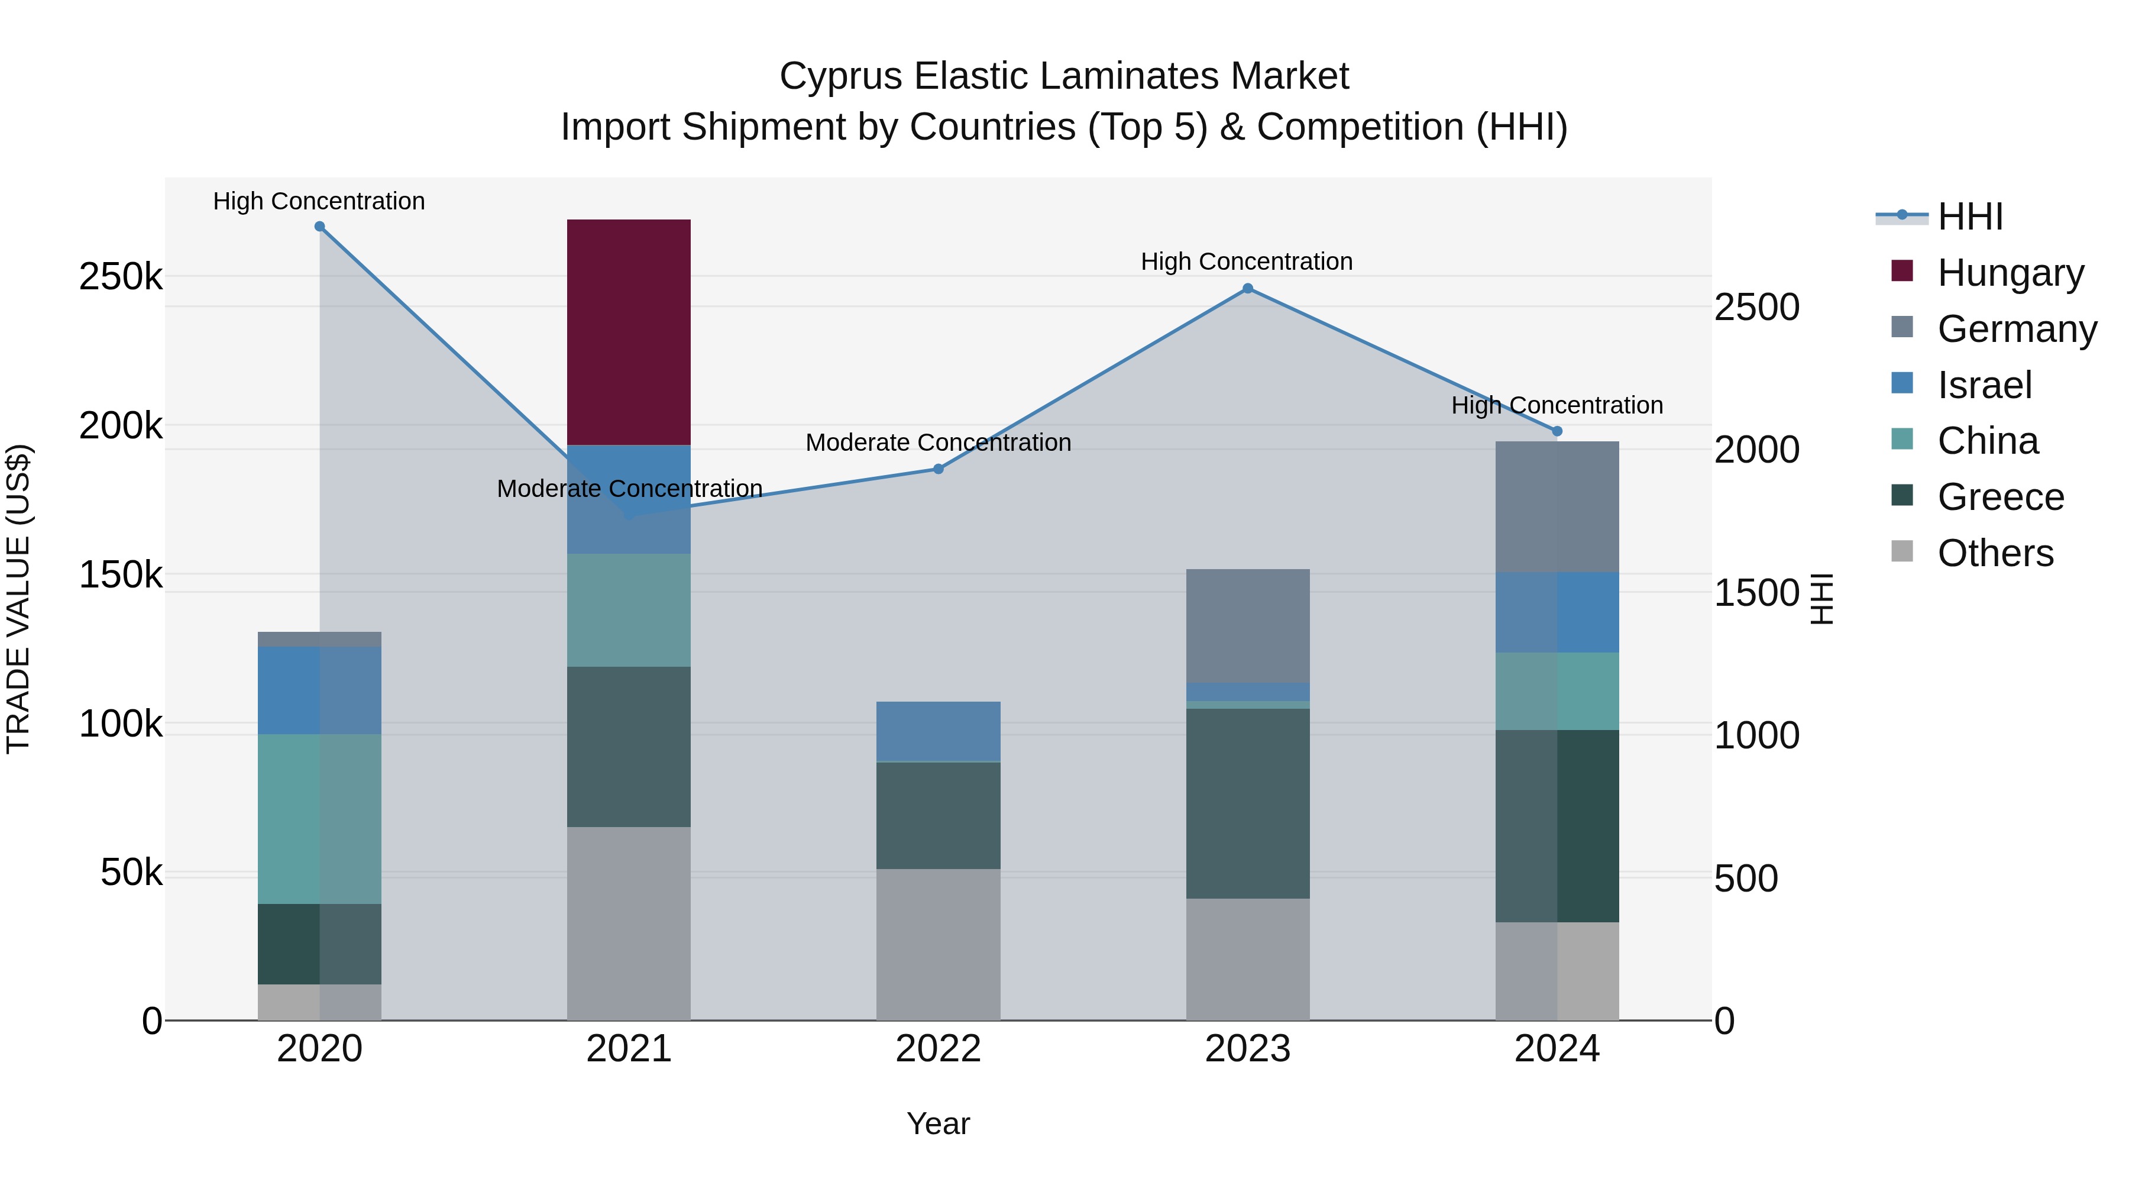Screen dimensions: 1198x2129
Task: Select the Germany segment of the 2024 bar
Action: click(x=1557, y=507)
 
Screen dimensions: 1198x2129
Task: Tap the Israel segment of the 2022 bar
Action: click(x=938, y=731)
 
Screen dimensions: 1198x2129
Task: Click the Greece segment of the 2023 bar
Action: click(x=1247, y=803)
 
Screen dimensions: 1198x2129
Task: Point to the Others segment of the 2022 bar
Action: click(x=938, y=944)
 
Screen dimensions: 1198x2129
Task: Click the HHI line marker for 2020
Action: click(x=320, y=227)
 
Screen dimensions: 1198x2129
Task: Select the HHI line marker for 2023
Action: click(x=1248, y=289)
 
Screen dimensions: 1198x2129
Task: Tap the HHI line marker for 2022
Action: click(x=938, y=469)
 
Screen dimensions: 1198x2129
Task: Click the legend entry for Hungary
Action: click(x=2010, y=272)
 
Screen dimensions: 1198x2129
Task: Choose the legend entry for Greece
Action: click(x=2000, y=497)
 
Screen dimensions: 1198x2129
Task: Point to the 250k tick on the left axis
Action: click(x=121, y=277)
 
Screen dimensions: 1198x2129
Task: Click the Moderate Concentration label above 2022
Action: click(x=938, y=443)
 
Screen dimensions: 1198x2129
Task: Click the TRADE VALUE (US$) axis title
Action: click(x=18, y=599)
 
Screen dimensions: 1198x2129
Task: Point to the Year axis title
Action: click(x=938, y=1123)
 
